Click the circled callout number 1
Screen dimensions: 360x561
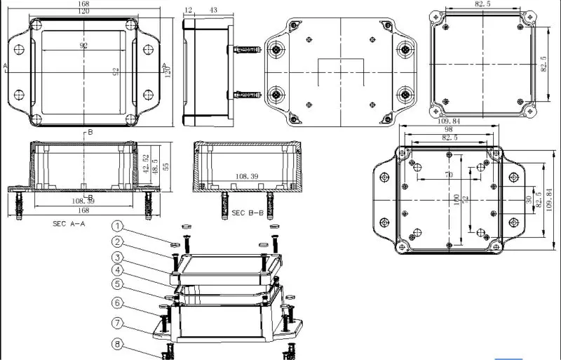pos(119,226)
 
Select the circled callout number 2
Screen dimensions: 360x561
pos(119,241)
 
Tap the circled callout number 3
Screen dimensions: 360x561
pos(119,257)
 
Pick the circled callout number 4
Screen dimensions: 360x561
pos(119,270)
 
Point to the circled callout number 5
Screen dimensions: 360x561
pos(119,285)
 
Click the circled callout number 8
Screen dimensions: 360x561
pos(119,344)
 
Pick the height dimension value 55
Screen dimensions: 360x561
pos(166,166)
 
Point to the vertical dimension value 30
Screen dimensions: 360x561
pos(528,199)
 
